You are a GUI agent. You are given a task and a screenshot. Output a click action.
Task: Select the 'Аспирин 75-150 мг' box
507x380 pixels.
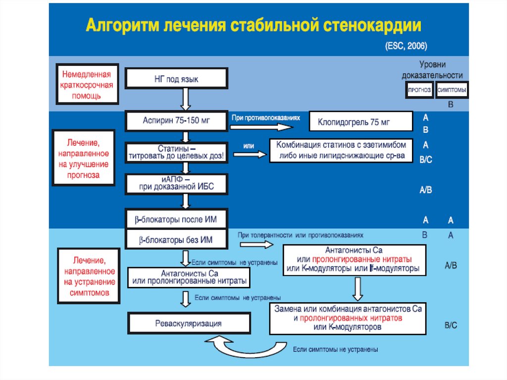pyautogui.click(x=177, y=121)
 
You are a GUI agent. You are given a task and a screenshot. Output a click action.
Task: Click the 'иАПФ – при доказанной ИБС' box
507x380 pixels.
pyautogui.click(x=177, y=183)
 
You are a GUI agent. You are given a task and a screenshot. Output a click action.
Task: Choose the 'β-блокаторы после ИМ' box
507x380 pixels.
pyautogui.click(x=177, y=218)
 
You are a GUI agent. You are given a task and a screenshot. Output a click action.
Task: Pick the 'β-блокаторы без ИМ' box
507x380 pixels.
pyautogui.click(x=177, y=240)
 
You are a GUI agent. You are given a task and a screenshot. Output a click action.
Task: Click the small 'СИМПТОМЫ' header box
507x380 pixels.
pyautogui.click(x=453, y=91)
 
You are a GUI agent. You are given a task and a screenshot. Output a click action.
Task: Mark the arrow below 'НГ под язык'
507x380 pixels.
pyautogui.click(x=185, y=99)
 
